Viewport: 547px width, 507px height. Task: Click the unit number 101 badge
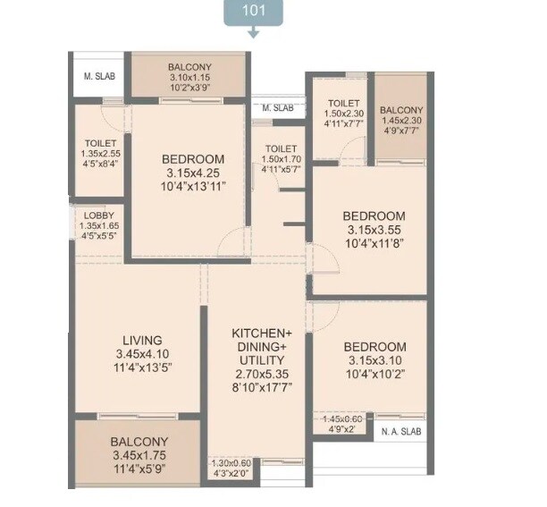254,13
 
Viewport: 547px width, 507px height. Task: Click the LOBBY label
98,215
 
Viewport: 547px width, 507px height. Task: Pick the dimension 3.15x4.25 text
193,173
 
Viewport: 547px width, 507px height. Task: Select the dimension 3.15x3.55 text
374,230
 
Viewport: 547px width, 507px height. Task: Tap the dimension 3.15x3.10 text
374,360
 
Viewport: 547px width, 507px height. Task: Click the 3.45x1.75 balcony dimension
139,455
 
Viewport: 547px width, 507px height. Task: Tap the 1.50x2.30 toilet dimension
343,114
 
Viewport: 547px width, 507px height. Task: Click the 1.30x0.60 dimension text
232,462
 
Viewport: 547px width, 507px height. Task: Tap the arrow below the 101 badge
254,33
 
